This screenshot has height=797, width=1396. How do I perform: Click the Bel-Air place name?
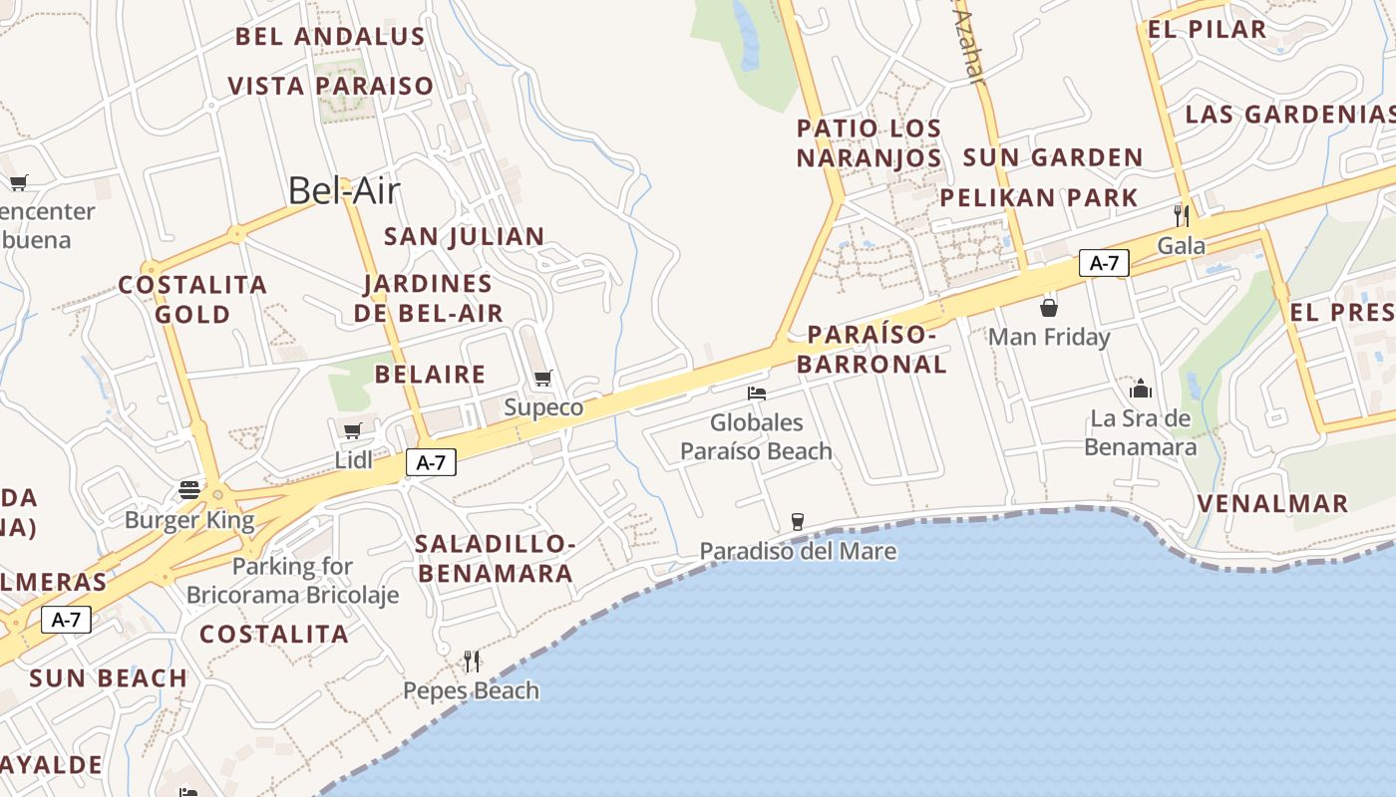tap(344, 190)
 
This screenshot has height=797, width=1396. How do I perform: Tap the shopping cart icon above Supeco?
tap(543, 378)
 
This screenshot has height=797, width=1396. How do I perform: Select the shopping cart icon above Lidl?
tap(352, 430)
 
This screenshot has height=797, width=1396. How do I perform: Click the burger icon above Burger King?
tap(189, 489)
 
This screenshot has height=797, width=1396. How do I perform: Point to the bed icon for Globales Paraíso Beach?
tap(757, 393)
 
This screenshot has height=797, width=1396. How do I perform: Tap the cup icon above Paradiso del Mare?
tap(797, 521)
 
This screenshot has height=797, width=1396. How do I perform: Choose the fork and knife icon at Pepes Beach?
tap(472, 661)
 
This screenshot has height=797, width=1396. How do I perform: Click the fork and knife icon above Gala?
tap(1182, 215)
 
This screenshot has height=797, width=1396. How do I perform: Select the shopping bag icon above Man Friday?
tap(1049, 307)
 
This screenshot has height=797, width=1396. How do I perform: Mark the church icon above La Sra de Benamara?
tap(1141, 388)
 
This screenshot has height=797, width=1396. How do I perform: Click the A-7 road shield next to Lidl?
tap(431, 462)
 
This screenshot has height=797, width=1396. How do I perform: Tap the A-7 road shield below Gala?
tap(1104, 263)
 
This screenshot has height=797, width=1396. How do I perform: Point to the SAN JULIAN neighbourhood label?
tap(465, 236)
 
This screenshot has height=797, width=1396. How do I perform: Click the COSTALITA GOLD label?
tap(192, 299)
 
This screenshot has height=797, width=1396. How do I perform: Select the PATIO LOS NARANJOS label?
tap(869, 143)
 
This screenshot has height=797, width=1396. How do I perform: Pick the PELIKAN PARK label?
tap(1039, 197)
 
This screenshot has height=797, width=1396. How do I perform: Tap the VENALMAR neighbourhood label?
tap(1272, 503)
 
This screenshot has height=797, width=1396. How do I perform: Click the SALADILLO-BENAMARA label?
tap(496, 558)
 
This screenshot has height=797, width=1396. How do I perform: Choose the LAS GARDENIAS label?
tap(1289, 114)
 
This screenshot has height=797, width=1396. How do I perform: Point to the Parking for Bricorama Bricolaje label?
tap(292, 581)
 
